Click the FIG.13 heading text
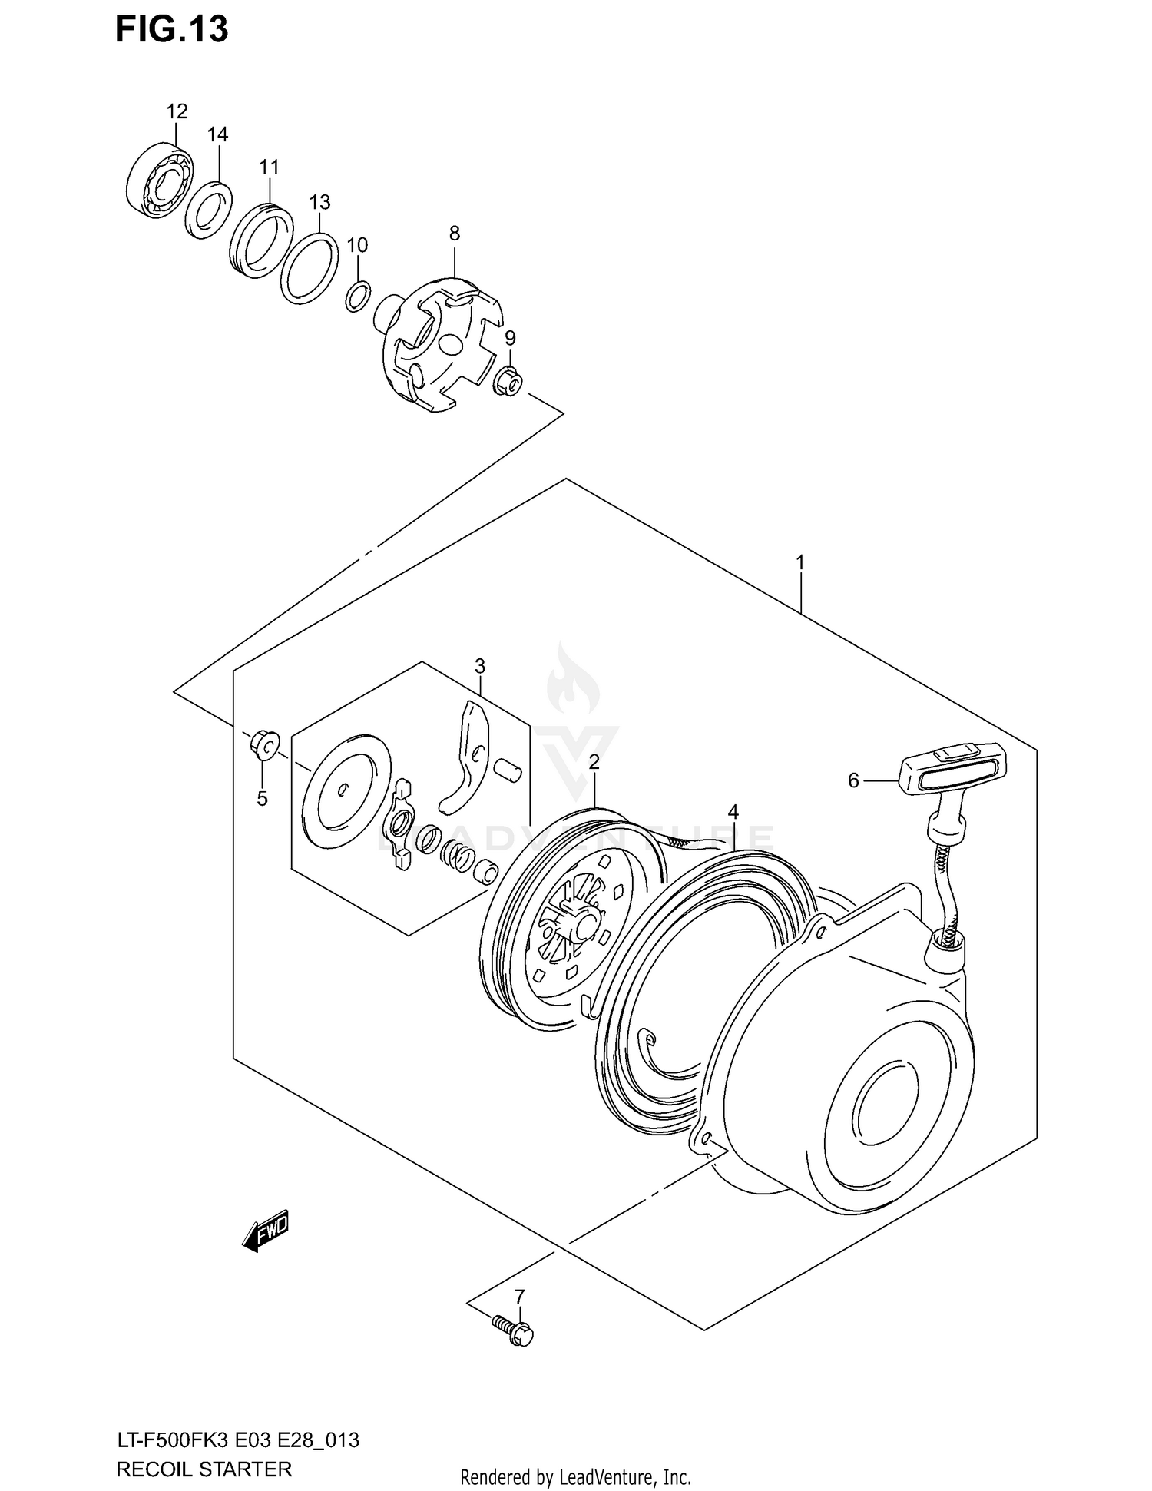coord(171,29)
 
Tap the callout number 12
coord(177,111)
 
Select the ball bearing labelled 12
coord(159,180)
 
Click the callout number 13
coord(319,202)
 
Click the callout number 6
coord(853,780)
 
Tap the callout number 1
coord(799,562)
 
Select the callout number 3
coord(479,665)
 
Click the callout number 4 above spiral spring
coord(733,812)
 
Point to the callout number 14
coord(217,134)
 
